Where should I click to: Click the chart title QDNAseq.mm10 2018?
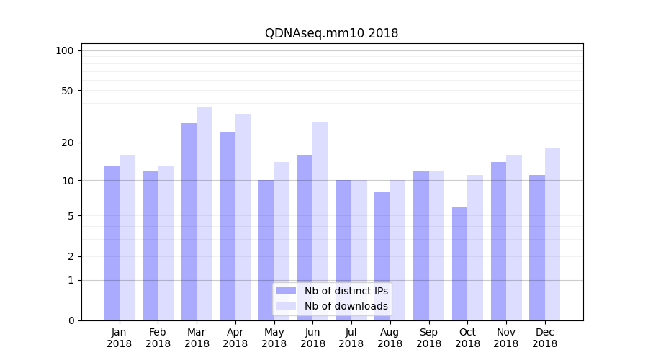(331, 33)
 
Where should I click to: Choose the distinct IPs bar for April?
(228, 226)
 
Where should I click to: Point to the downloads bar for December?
(552, 234)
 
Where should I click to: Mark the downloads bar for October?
(475, 248)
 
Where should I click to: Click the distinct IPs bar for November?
(498, 241)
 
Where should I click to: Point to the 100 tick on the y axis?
(65, 50)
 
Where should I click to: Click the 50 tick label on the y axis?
(67, 91)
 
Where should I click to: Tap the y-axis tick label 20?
(67, 143)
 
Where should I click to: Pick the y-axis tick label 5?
(70, 216)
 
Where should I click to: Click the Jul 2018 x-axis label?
(351, 338)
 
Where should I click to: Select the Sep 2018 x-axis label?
(428, 338)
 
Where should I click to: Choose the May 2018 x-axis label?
(274, 338)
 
